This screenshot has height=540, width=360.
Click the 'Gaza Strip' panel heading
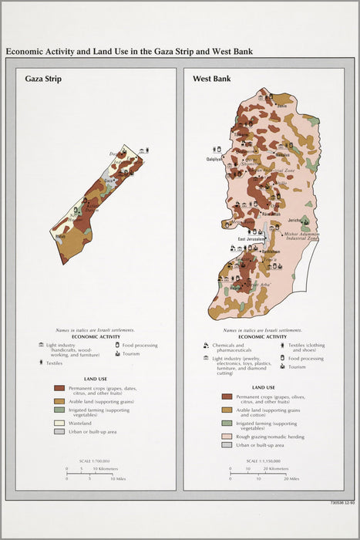pos(43,79)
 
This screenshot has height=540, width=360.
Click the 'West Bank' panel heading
pos(211,79)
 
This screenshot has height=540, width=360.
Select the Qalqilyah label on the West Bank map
pos(214,159)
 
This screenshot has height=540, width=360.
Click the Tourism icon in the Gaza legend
pos(118,353)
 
